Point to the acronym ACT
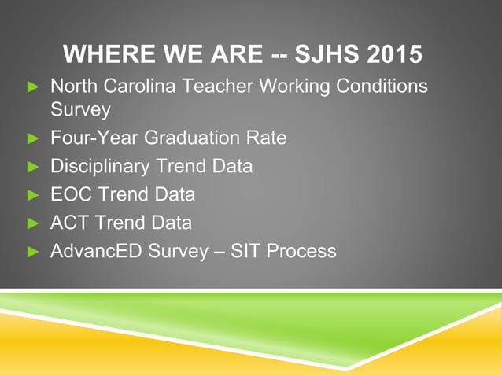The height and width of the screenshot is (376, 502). (69, 223)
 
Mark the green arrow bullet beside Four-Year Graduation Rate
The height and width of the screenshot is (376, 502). (33, 139)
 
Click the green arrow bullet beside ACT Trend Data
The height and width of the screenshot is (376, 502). (33, 223)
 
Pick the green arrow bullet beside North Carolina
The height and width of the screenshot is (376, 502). (33, 85)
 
